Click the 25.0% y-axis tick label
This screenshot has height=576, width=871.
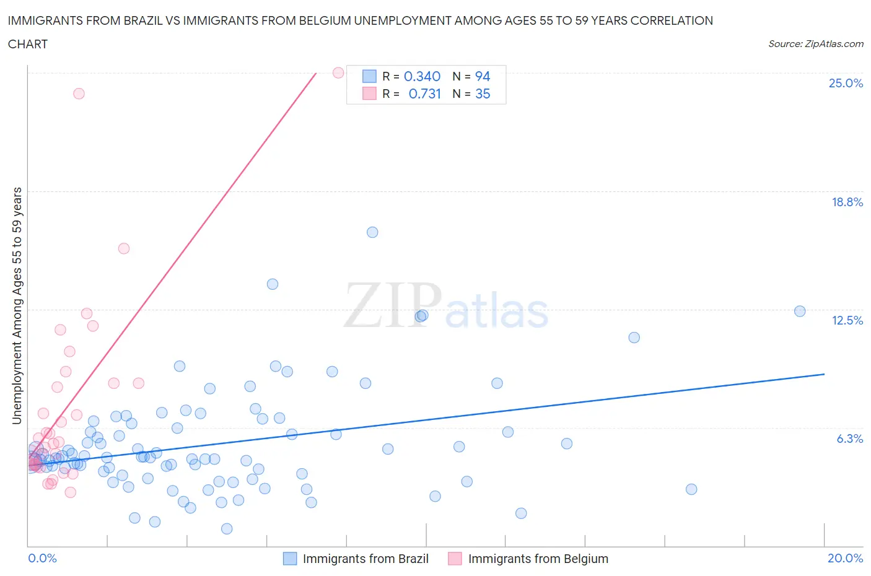[846, 83]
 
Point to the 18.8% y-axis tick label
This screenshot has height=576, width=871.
[847, 202]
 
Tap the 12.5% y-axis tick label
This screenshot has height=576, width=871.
[847, 320]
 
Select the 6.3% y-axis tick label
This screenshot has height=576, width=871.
[849, 439]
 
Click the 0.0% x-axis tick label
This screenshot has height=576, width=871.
[42, 558]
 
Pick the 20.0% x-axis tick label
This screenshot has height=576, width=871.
[845, 558]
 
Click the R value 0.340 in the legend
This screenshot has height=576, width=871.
[422, 76]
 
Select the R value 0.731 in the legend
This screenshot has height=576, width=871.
[424, 94]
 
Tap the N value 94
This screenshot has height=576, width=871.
[483, 76]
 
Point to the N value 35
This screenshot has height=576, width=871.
[483, 94]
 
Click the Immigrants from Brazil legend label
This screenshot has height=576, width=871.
[365, 559]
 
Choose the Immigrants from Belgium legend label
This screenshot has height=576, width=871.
[538, 559]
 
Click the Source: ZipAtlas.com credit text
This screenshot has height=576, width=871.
[815, 44]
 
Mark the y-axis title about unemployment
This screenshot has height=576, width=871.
[17, 305]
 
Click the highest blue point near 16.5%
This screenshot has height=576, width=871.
[372, 232]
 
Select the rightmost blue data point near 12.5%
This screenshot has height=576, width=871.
[800, 311]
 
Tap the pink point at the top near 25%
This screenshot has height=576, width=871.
[338, 72]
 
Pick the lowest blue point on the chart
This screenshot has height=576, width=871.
[227, 528]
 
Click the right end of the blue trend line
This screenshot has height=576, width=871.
[824, 374]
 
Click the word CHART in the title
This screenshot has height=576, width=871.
[28, 44]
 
